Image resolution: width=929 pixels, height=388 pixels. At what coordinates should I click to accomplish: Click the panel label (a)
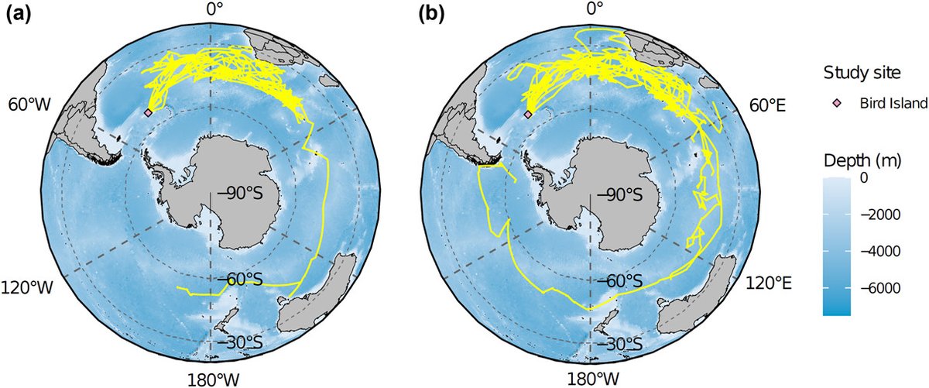click(x=19, y=13)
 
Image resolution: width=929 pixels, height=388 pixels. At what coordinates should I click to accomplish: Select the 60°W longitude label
click(x=26, y=105)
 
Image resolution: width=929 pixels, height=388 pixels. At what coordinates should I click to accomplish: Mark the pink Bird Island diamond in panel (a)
click(x=148, y=112)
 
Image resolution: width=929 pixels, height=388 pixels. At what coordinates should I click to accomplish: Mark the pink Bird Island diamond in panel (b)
click(x=528, y=114)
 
